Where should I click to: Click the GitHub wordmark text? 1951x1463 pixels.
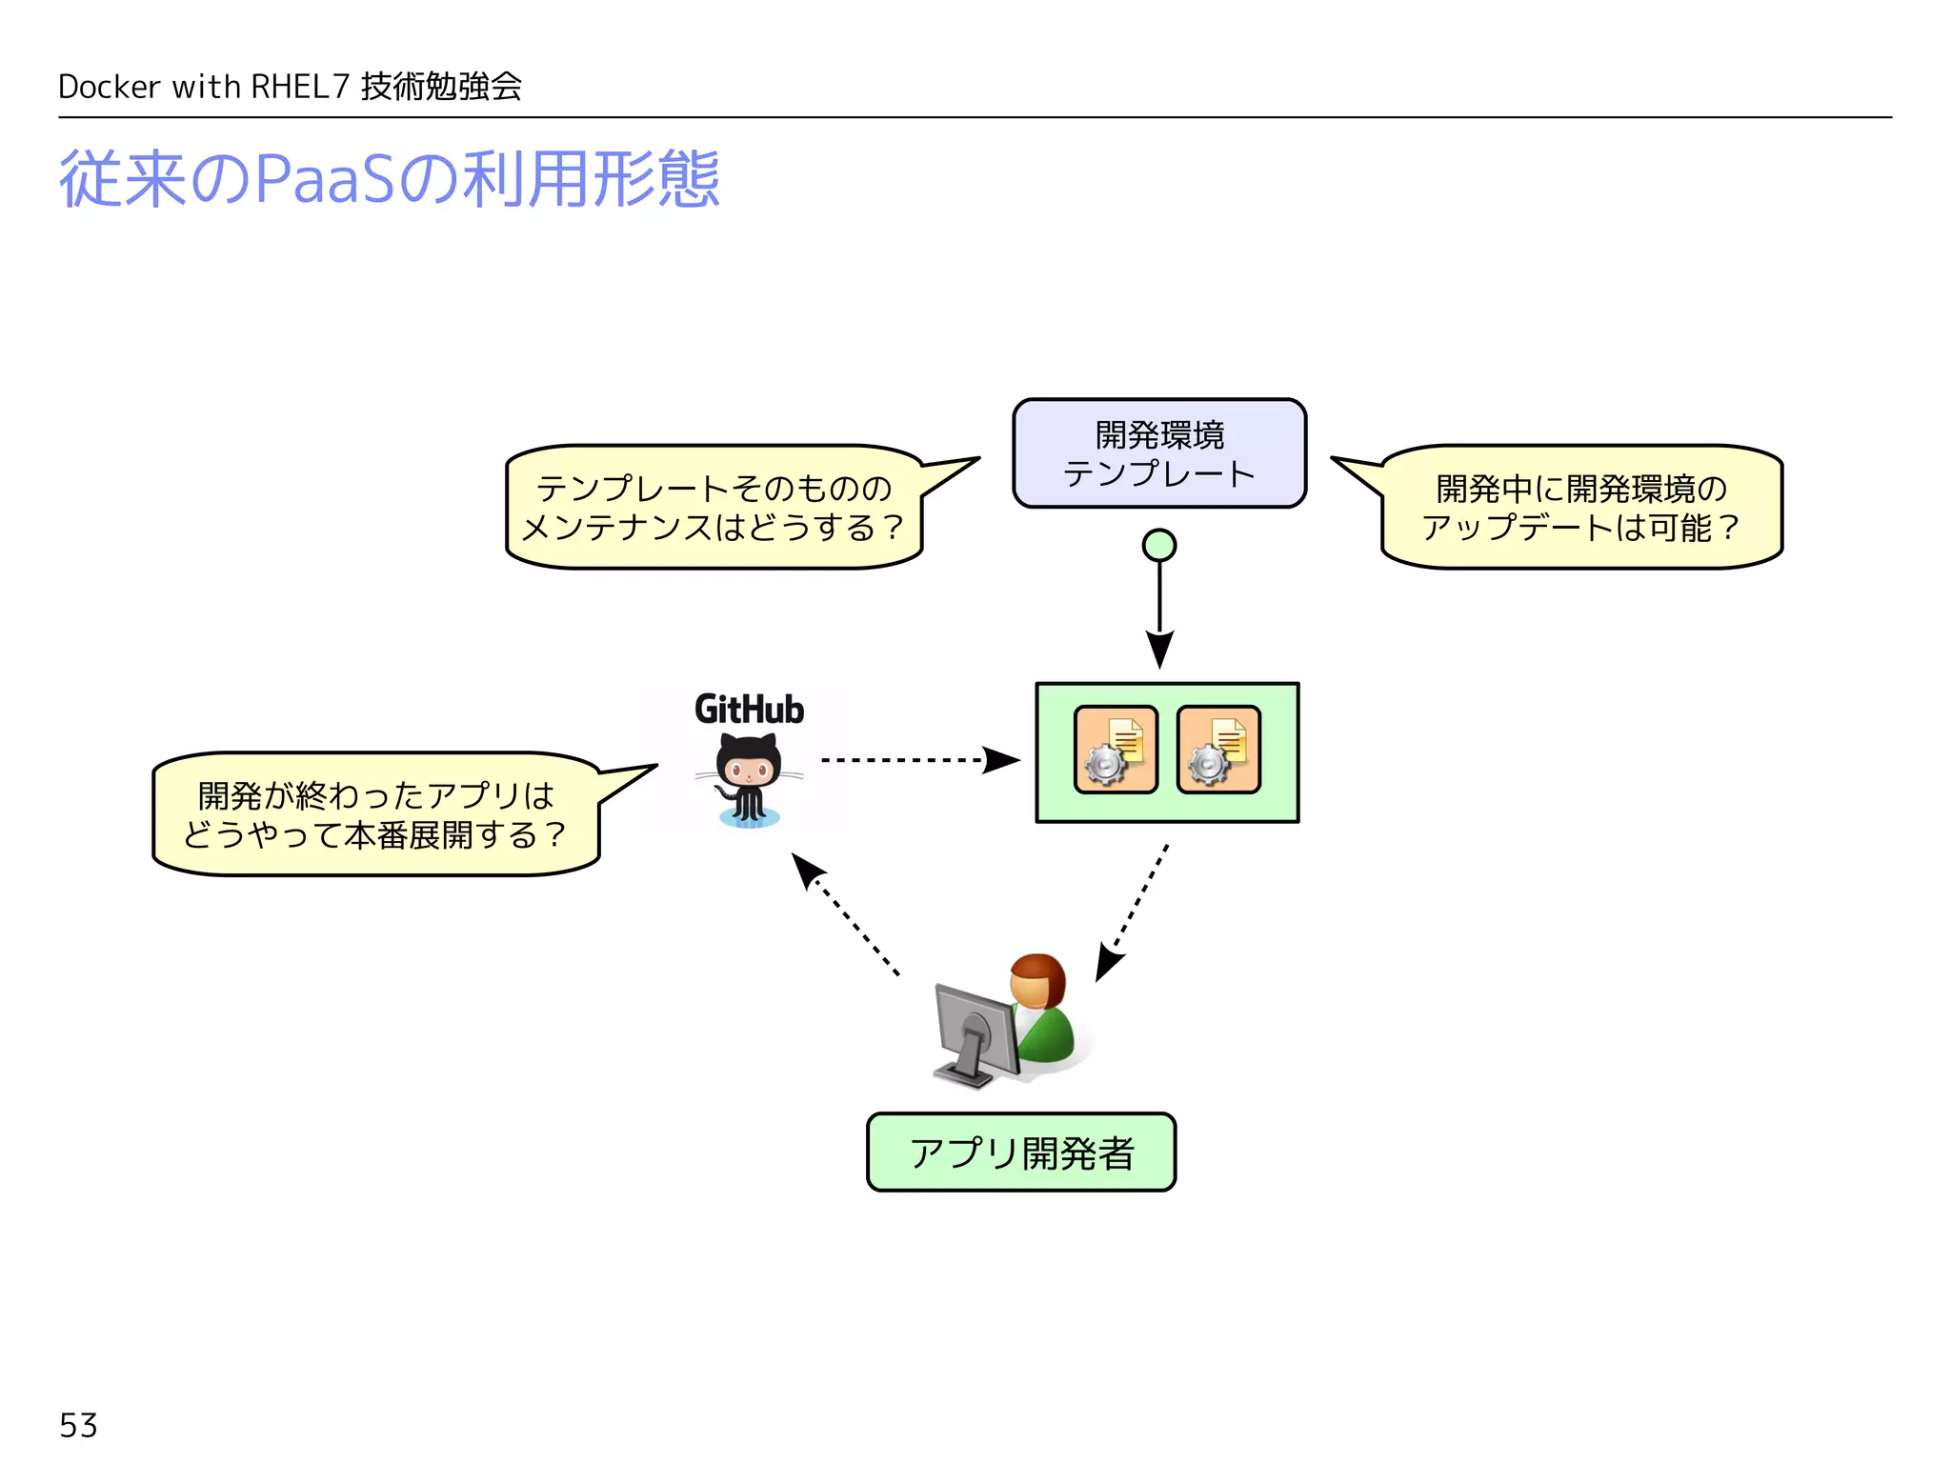pos(749,710)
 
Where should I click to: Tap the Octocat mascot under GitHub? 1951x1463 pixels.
pos(749,781)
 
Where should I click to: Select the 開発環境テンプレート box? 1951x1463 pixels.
pos(1158,453)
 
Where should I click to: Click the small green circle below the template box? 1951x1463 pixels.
pos(1158,545)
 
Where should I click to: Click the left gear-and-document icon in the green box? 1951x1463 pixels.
pos(1116,750)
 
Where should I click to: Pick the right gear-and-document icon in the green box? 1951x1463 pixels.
pos(1218,750)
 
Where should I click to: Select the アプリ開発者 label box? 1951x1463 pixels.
pos(1020,1152)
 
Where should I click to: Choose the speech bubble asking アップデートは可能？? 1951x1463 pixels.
pos(1580,508)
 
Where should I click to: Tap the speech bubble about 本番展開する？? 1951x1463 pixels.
pos(375,814)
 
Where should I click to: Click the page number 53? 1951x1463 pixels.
pos(78,1425)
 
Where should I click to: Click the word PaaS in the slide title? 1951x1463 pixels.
pos(324,179)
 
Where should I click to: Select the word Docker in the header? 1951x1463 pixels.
pos(109,87)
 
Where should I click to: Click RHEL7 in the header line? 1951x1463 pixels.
pos(300,87)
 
